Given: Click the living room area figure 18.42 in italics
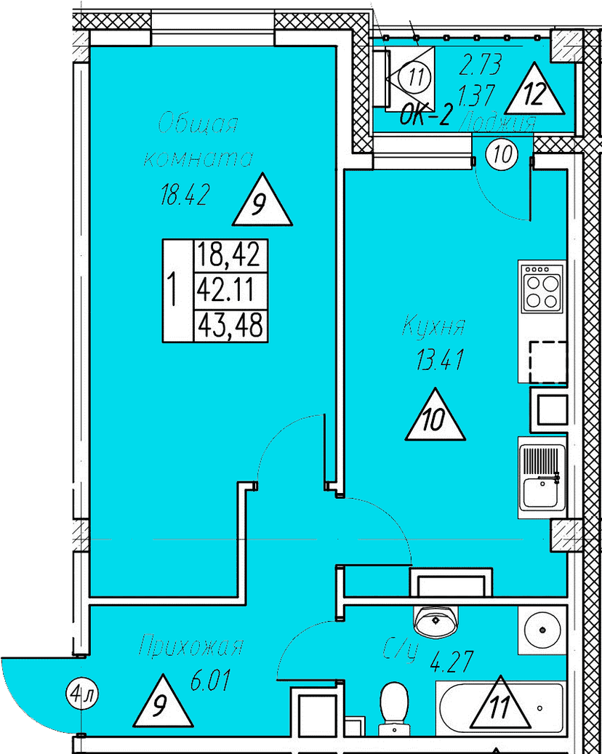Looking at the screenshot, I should point(185,195).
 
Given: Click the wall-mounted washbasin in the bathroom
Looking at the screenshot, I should point(436,619).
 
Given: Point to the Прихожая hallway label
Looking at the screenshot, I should point(191,646).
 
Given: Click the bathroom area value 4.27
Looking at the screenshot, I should point(451,663).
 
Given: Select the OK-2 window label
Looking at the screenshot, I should point(426,114).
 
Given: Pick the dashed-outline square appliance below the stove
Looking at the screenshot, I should point(547,361).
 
